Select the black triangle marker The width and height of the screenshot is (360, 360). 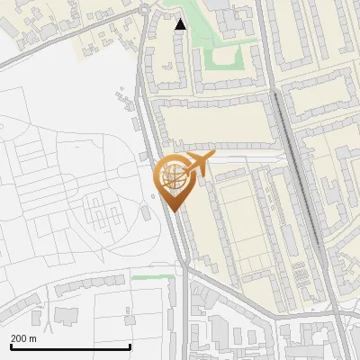click(181, 25)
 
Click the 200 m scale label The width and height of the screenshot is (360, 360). click(23, 338)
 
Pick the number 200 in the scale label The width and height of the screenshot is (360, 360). click(19, 338)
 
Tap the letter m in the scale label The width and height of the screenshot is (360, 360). click(33, 338)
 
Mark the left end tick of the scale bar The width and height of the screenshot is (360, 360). click(11, 346)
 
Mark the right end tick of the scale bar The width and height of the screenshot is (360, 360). click(130, 346)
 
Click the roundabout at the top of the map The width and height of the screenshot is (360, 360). click(146, 11)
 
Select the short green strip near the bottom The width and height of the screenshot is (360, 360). click(151, 278)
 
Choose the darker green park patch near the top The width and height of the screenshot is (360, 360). click(223, 59)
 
